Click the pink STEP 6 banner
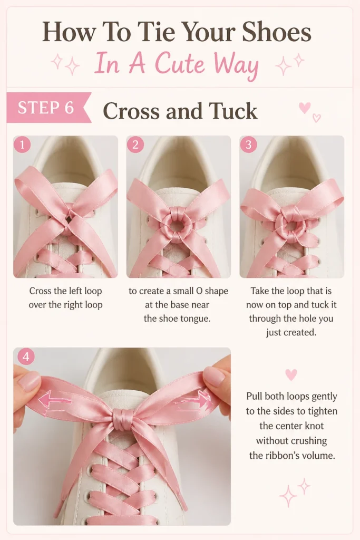(x=48, y=108)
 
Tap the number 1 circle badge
(x=22, y=144)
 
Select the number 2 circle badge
(x=135, y=144)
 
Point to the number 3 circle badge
(x=248, y=144)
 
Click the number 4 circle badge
(x=26, y=357)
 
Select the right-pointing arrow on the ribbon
(x=195, y=401)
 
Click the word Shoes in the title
(x=277, y=32)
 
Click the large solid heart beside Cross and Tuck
(x=305, y=108)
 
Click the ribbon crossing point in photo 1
(x=70, y=219)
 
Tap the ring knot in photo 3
(x=291, y=226)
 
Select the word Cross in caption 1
(x=40, y=291)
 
